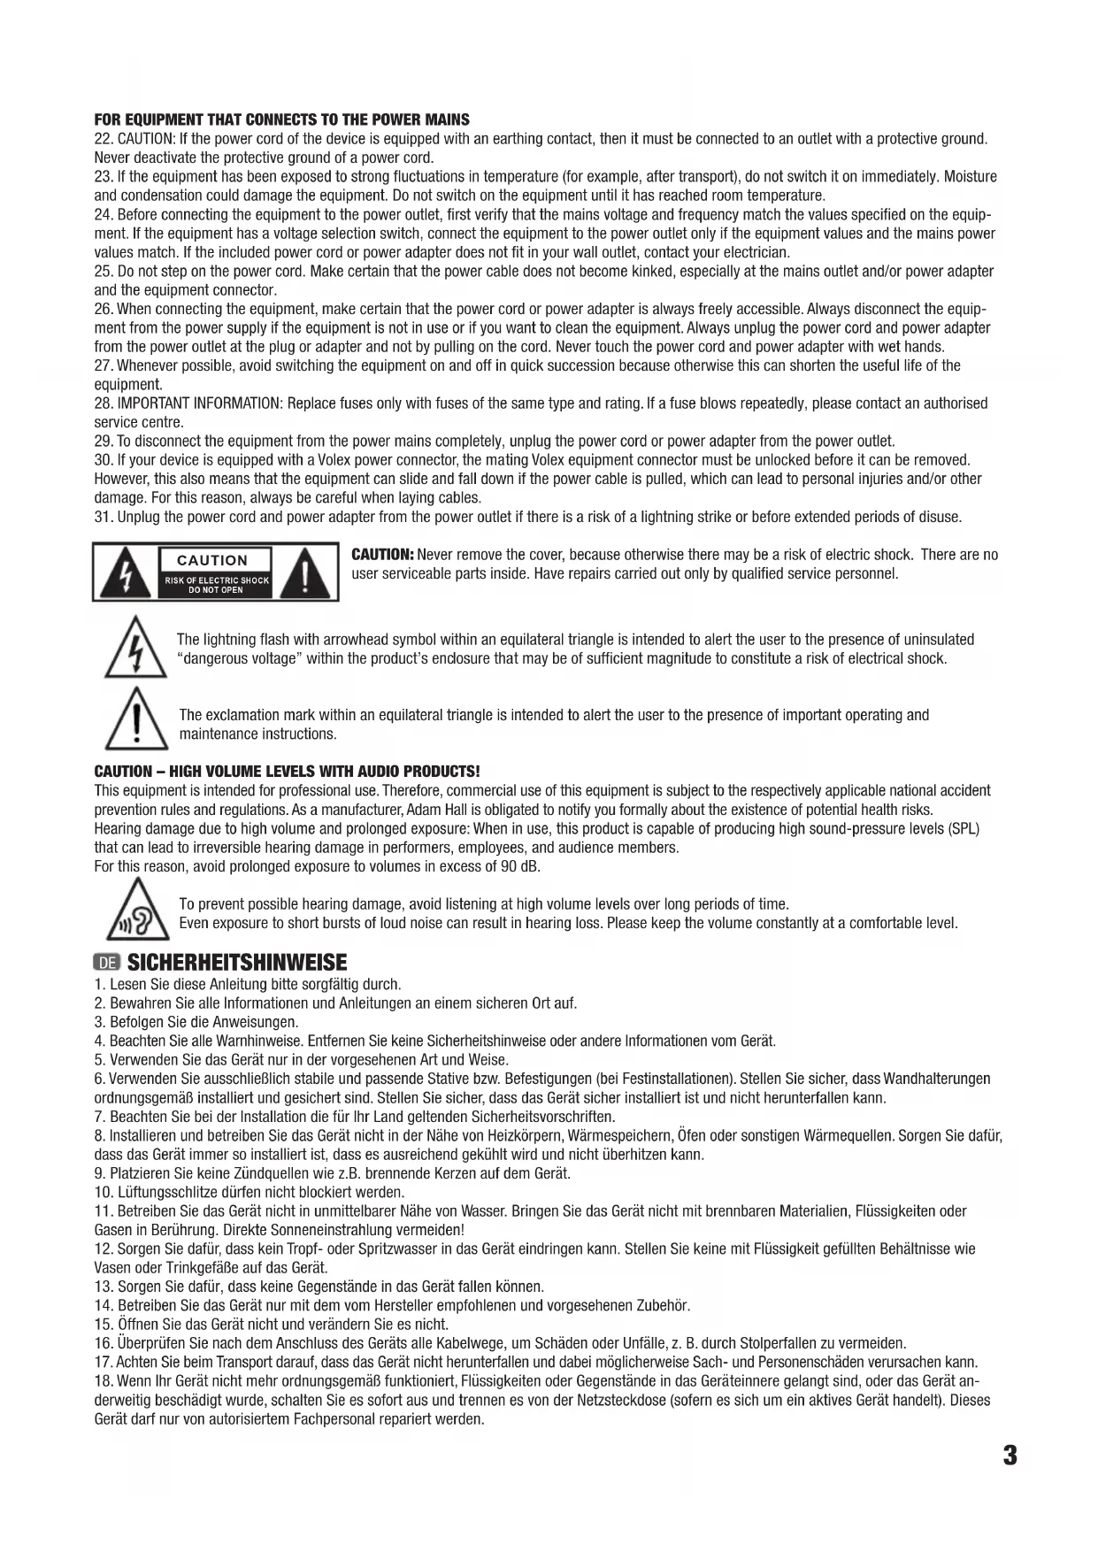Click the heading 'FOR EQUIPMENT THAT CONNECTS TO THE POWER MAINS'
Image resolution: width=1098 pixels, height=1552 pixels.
[281, 119]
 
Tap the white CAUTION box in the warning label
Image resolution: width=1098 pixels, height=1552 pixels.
[212, 560]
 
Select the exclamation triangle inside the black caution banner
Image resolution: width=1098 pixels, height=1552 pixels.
[304, 573]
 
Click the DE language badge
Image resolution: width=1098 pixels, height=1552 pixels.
[107, 963]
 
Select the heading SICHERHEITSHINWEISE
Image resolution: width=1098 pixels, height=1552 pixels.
[237, 963]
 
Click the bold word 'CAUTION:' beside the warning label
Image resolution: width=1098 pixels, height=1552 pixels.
[383, 555]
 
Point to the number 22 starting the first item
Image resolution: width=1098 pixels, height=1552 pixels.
[102, 139]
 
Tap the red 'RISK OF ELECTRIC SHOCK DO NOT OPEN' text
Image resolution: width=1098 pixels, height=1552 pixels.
[216, 585]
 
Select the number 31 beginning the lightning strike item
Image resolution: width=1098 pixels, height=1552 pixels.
[102, 517]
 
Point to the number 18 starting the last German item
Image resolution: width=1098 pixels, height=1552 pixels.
[102, 1381]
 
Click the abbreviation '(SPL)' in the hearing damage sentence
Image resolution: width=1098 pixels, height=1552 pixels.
[964, 829]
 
